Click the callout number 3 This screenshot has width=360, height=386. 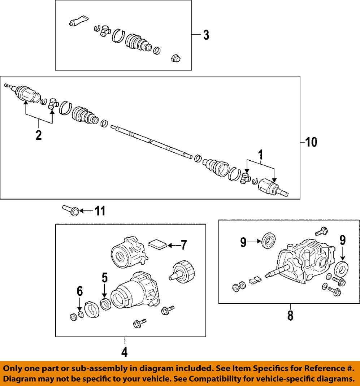(206, 35)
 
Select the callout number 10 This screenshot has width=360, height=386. (311, 142)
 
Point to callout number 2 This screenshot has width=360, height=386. (38, 135)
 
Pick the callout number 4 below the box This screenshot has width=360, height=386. (124, 352)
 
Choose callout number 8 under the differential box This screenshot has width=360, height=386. (290, 315)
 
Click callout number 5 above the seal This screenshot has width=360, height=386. (104, 277)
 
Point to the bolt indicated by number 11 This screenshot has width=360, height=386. (71, 211)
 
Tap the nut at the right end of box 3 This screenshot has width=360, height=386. (175, 58)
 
